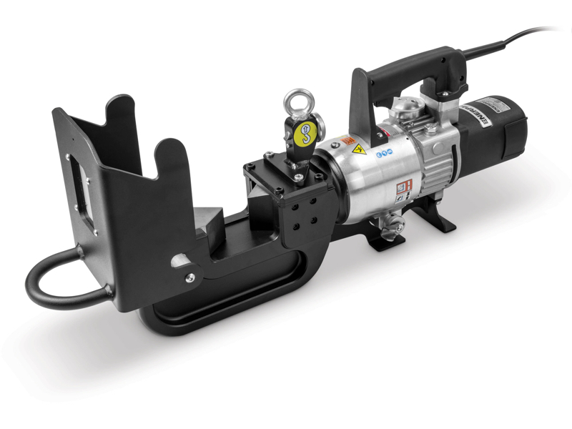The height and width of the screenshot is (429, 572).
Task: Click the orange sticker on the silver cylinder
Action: [348, 141]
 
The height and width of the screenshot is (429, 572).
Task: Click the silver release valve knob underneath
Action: [390, 227]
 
